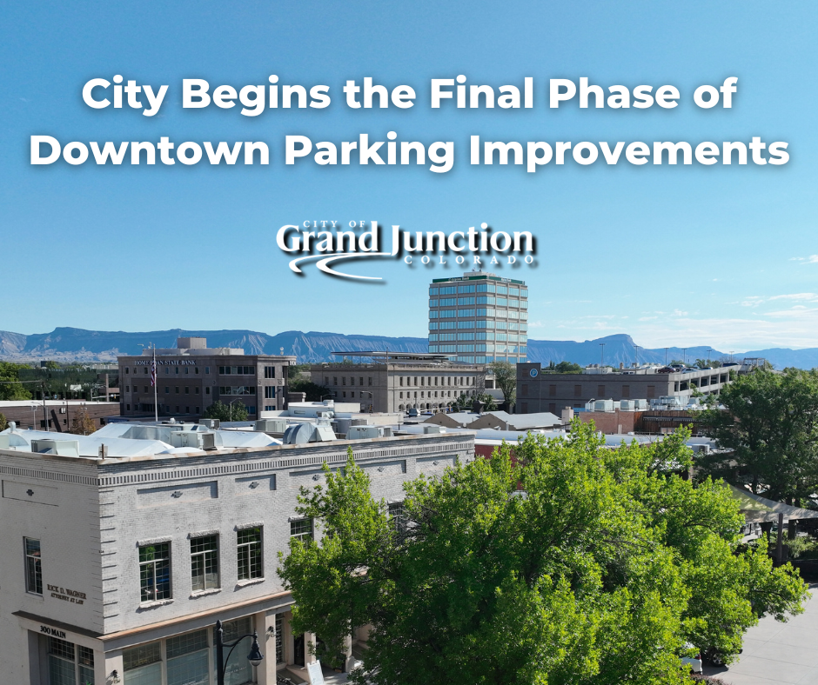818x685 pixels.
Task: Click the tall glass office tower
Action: (477, 321)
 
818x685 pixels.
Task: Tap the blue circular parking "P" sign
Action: (533, 373)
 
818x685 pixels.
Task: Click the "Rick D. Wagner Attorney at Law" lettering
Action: (66, 594)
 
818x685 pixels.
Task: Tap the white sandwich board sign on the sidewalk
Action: (314, 672)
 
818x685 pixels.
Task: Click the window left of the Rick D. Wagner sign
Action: (33, 565)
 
